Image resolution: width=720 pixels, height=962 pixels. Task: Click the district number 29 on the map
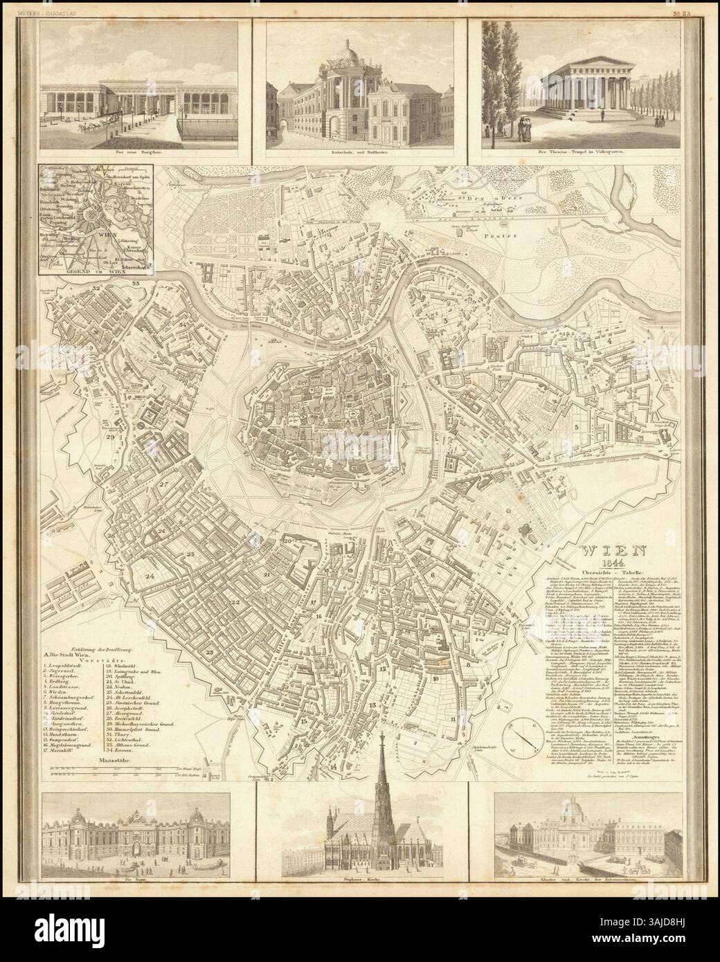[111, 437]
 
